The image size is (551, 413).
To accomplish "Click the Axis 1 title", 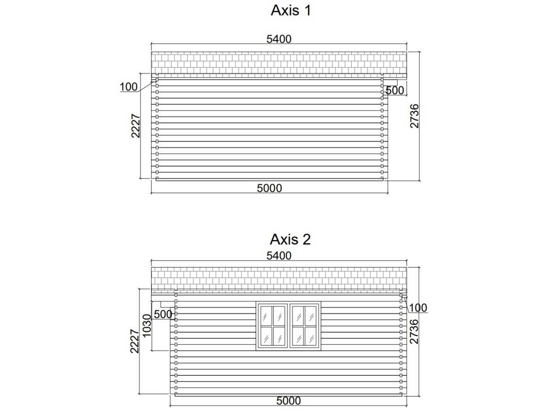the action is click(x=291, y=11).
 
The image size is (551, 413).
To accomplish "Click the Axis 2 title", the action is click(x=290, y=239).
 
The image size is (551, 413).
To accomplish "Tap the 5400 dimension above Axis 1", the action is click(x=279, y=39).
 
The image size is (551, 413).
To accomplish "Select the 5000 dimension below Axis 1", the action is click(x=270, y=188).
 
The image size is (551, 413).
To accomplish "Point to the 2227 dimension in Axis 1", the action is click(x=136, y=126).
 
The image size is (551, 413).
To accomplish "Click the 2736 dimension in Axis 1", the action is click(x=415, y=116).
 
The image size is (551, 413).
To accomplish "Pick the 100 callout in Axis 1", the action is click(x=129, y=87).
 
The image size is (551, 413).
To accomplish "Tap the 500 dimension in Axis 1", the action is click(x=395, y=90).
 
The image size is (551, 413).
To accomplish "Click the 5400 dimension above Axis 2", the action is click(x=279, y=256).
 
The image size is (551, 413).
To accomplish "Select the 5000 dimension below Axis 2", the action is click(x=288, y=401).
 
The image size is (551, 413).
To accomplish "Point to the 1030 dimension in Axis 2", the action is click(x=147, y=325).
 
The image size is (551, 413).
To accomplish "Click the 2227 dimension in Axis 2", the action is click(x=135, y=341).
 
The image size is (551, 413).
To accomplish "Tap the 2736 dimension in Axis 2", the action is click(x=414, y=331).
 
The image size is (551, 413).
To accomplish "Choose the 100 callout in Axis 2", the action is click(x=418, y=308).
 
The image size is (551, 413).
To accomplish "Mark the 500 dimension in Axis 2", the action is click(x=163, y=314).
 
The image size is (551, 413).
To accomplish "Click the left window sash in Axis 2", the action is click(x=273, y=326).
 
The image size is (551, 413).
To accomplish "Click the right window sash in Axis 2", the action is click(x=304, y=326).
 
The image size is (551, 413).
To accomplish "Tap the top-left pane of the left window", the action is click(x=266, y=316).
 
